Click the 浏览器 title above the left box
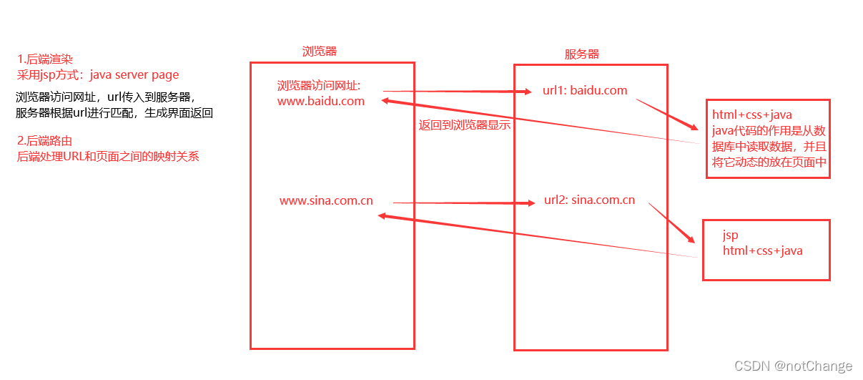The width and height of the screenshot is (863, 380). coord(320,51)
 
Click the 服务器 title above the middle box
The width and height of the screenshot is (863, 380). coord(582,54)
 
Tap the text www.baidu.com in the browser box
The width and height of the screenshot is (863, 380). coord(321,101)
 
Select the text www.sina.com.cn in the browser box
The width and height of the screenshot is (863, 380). coord(326,200)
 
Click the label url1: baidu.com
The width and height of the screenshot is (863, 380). coord(585,90)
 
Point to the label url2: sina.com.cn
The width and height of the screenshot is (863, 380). coord(589,200)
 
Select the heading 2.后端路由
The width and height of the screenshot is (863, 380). coord(44,140)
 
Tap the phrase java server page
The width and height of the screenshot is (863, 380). coord(134,74)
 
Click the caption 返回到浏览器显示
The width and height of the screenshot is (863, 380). coord(464,123)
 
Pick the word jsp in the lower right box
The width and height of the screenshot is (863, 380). coord(730,235)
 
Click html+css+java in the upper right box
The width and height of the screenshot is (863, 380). coord(751,115)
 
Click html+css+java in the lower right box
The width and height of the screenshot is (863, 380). coord(762,250)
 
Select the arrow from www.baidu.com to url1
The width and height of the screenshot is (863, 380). coord(458,92)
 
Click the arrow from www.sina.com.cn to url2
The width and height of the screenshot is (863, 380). coord(465,203)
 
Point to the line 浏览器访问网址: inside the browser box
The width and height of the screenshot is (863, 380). coord(319,86)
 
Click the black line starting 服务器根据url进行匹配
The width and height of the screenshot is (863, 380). coord(114,113)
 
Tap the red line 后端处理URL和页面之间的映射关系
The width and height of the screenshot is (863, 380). coord(108,156)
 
